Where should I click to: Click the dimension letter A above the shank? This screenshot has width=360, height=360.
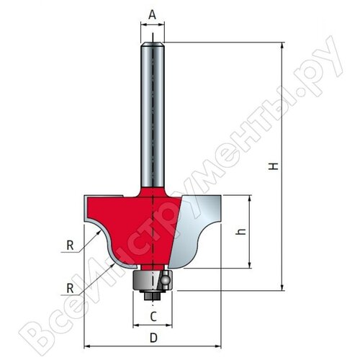click(x=152, y=13)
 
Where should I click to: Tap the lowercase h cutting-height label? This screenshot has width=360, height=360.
click(x=241, y=232)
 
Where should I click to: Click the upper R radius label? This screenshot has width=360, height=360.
click(x=70, y=245)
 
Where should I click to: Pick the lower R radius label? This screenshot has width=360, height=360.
click(x=70, y=288)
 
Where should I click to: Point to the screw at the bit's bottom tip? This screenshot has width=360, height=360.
click(x=152, y=293)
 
